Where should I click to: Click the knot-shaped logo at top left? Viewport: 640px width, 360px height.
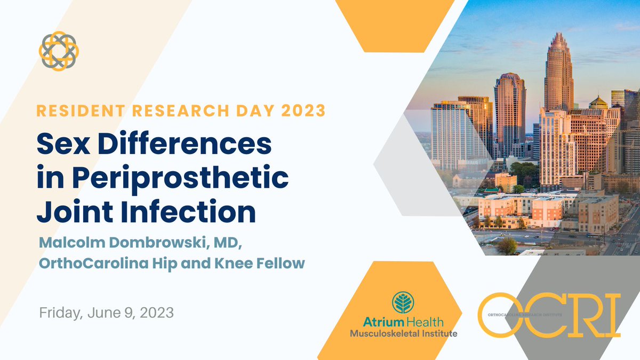point(59,51)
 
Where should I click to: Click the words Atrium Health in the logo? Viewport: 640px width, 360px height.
point(403,322)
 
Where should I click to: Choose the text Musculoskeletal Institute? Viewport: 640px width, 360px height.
point(403,333)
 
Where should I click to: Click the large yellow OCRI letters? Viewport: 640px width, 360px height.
point(549,315)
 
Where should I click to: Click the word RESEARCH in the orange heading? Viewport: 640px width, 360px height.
point(171,111)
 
